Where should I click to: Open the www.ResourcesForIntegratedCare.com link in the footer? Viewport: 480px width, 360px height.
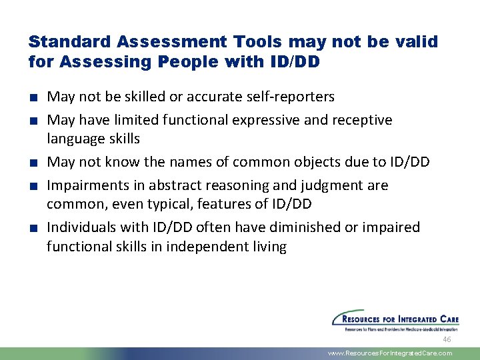click(390, 353)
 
